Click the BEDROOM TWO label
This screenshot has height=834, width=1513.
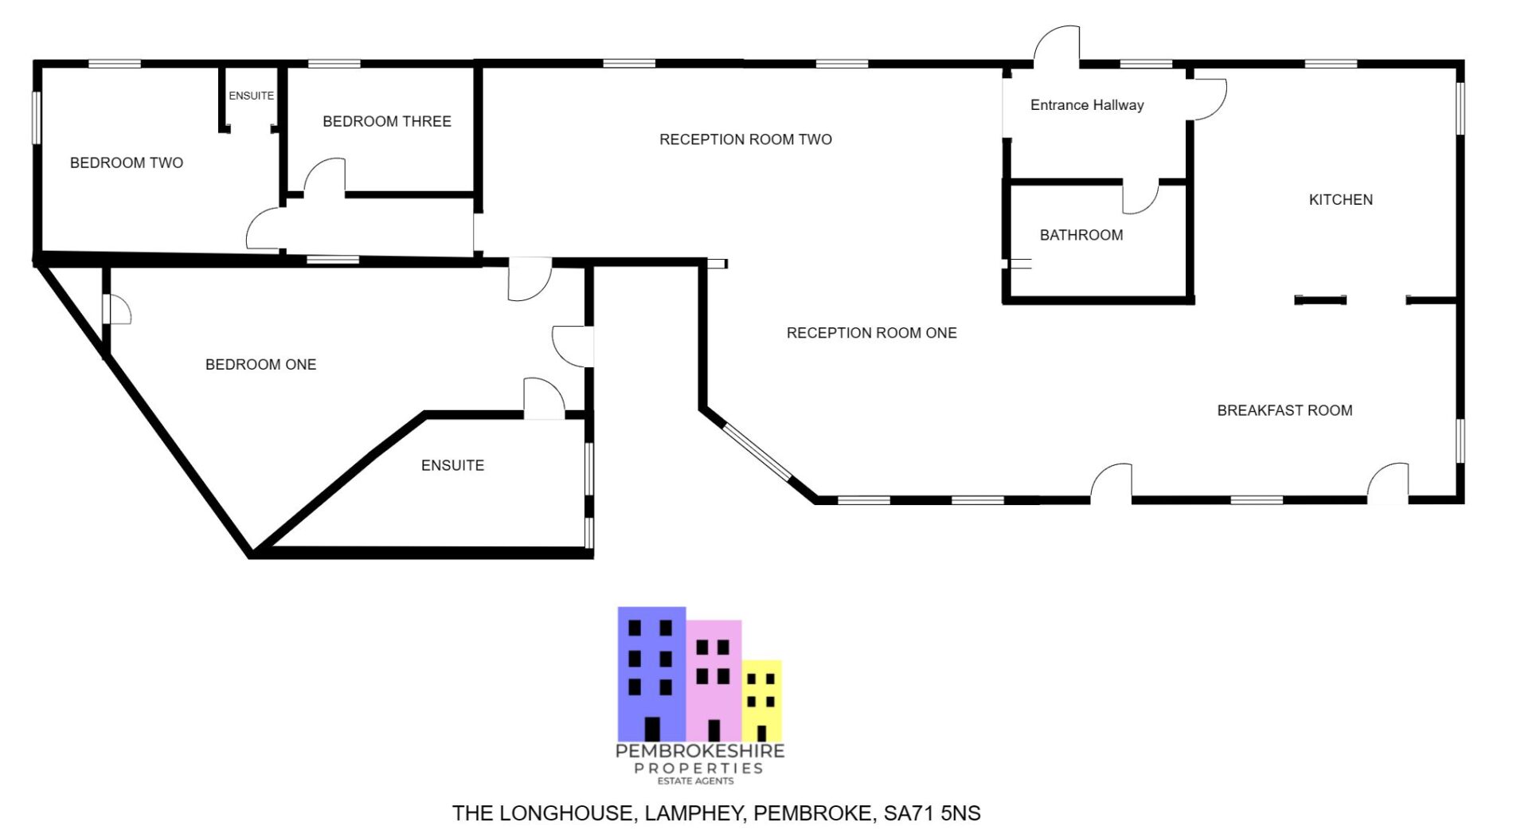pyautogui.click(x=127, y=163)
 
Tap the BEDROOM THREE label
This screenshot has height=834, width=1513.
pyautogui.click(x=387, y=122)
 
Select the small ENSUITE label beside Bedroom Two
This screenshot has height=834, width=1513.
pyautogui.click(x=251, y=96)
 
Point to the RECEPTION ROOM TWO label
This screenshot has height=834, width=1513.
pyautogui.click(x=745, y=140)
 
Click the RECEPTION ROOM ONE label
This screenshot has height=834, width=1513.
pyautogui.click(x=871, y=333)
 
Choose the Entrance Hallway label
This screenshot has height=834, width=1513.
pyautogui.click(x=1086, y=105)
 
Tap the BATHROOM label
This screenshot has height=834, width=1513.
pyautogui.click(x=1081, y=235)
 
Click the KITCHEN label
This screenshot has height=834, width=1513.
pyautogui.click(x=1340, y=200)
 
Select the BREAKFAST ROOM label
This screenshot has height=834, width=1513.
pyautogui.click(x=1284, y=411)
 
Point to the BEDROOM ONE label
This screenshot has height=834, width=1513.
pyautogui.click(x=260, y=365)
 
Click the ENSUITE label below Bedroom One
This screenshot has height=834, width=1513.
pyautogui.click(x=452, y=465)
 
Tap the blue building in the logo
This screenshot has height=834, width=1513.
pyautogui.click(x=651, y=673)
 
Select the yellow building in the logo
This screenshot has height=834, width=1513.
pyautogui.click(x=762, y=700)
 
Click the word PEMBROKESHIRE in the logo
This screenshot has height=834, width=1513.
pyautogui.click(x=700, y=751)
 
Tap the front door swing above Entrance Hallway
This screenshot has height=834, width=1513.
pyautogui.click(x=1058, y=46)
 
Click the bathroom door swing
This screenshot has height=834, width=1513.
pyautogui.click(x=1140, y=198)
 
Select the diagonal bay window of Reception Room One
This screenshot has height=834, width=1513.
pyautogui.click(x=757, y=452)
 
